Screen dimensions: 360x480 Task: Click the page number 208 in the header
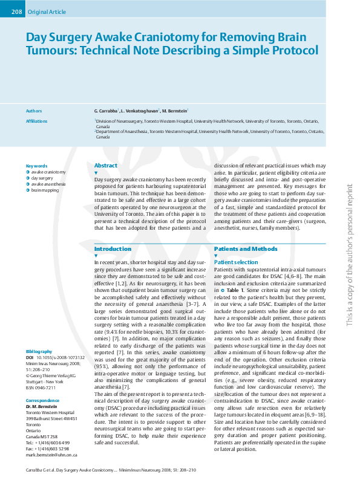point(16,12)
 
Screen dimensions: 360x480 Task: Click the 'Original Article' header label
point(45,12)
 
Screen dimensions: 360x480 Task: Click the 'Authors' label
point(34,111)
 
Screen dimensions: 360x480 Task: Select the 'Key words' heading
point(37,166)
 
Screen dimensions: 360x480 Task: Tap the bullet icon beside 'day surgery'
point(28,178)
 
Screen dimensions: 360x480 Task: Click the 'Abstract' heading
point(106,166)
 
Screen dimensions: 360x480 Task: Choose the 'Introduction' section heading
point(113,249)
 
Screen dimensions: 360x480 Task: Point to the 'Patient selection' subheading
point(235,262)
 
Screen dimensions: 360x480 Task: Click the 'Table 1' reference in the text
point(236,291)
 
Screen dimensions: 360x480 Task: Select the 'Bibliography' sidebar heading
point(39,352)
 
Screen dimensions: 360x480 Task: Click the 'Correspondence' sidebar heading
point(42,401)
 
